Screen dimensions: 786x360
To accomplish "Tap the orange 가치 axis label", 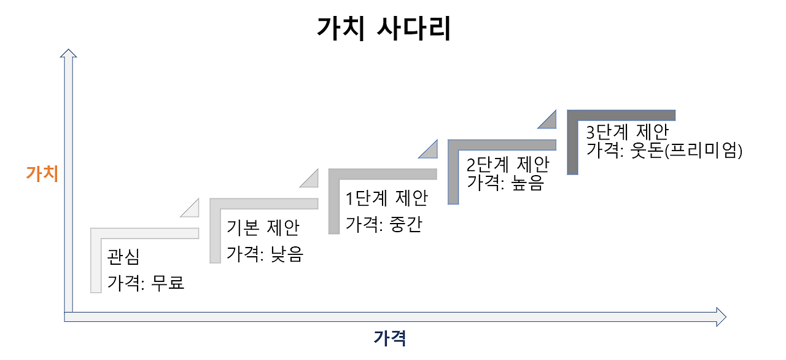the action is click(x=42, y=173).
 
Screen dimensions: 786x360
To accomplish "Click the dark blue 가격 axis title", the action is click(x=390, y=337).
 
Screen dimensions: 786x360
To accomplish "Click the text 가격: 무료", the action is click(x=146, y=283).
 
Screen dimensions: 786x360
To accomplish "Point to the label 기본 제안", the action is click(x=263, y=228).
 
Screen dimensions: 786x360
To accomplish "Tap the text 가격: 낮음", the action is click(x=265, y=254).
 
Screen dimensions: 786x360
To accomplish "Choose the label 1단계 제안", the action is click(x=386, y=198).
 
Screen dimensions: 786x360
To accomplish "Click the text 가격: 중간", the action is click(x=384, y=225).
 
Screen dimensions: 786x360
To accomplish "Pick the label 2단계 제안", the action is click(x=508, y=165).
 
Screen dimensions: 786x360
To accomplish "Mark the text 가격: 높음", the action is click(x=505, y=182).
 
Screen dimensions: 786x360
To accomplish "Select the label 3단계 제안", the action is click(x=627, y=132).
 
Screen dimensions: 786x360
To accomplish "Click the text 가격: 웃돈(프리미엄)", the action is click(x=664, y=151).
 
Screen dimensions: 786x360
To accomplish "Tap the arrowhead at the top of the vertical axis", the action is click(x=68, y=55).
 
